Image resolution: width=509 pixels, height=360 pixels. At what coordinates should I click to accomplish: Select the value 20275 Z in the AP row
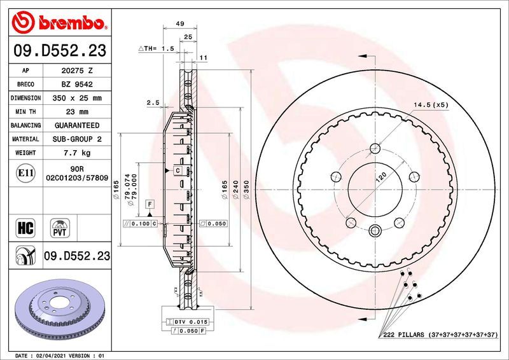[76, 71]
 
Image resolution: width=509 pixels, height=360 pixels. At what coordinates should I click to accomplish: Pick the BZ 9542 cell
[76, 85]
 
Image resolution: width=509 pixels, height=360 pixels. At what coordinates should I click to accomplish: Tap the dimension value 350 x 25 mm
[76, 99]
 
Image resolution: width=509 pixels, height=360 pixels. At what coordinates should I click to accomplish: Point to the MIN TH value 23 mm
[76, 112]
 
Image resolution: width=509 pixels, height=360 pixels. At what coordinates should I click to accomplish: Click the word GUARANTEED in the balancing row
[76, 125]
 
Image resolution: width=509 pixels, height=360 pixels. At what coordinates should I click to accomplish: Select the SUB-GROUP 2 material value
[76, 139]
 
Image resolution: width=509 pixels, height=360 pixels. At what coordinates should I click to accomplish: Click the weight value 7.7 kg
[76, 153]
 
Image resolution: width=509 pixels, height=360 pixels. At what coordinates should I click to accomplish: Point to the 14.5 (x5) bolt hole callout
[431, 104]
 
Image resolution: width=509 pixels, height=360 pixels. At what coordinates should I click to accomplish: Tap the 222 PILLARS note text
[439, 335]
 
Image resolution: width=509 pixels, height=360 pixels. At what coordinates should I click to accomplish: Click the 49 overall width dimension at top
[179, 24]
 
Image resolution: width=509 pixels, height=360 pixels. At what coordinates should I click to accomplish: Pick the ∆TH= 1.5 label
[157, 48]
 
